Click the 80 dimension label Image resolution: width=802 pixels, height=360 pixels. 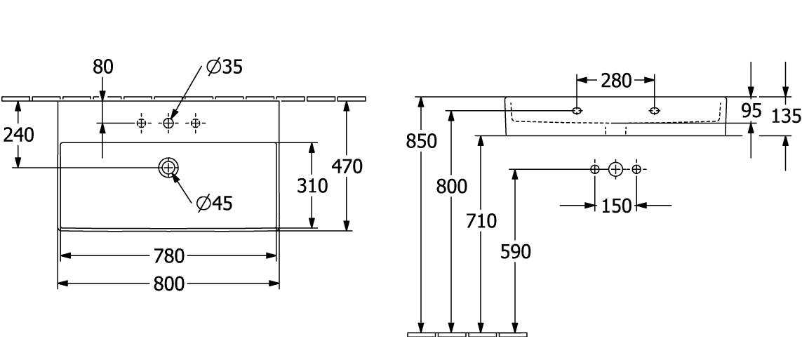[x=103, y=67]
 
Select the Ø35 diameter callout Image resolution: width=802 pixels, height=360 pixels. [x=225, y=67]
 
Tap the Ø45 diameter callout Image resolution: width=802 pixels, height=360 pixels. [x=215, y=204]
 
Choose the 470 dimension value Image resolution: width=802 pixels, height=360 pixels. [x=347, y=167]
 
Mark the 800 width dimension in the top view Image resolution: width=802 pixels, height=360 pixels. [x=168, y=284]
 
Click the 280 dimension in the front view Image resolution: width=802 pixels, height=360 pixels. [x=616, y=81]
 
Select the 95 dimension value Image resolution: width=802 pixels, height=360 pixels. [x=751, y=110]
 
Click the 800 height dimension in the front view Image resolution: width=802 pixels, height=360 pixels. [x=451, y=187]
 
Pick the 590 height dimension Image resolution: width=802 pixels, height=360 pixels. [x=516, y=251]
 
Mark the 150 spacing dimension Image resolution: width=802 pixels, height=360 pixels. [x=615, y=206]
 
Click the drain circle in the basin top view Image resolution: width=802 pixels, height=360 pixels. [x=169, y=168]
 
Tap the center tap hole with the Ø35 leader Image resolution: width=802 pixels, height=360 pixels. [x=169, y=124]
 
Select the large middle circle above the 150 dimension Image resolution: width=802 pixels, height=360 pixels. [x=615, y=169]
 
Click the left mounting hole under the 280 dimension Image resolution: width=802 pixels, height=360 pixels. [x=577, y=111]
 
